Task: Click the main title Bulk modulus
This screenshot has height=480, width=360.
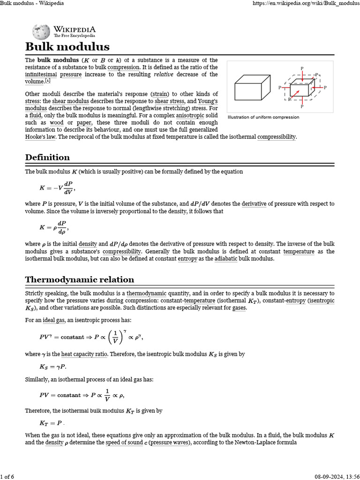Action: pos(67,47)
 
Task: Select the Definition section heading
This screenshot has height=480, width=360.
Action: pos(47,157)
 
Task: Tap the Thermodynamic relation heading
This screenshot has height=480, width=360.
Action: pos(79,280)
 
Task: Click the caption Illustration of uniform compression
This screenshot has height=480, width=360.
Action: pos(263,117)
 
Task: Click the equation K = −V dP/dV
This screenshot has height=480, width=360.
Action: pos(57,188)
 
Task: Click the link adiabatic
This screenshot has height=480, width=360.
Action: pos(226,259)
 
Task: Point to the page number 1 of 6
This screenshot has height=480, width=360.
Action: pos(8,477)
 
